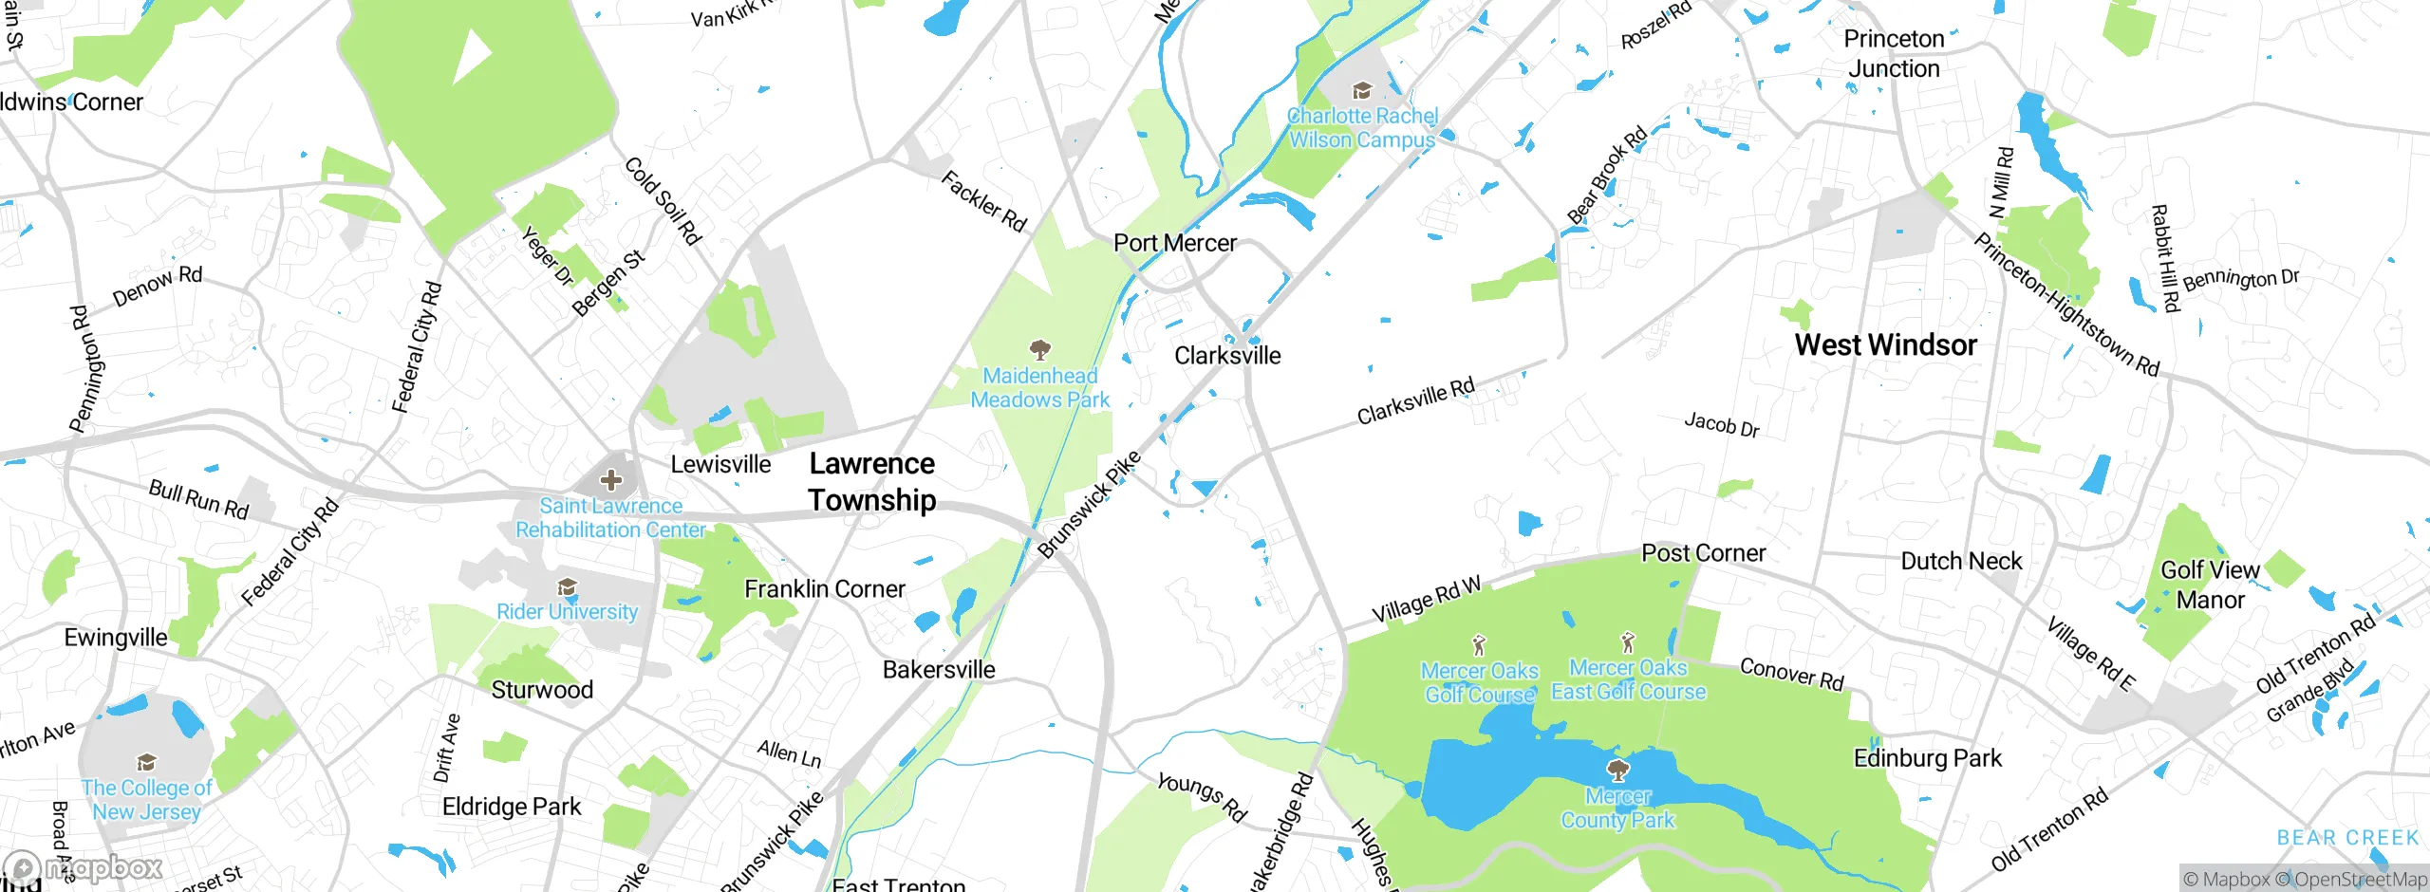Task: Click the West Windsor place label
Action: pos(1885,344)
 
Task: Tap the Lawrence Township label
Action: pos(871,481)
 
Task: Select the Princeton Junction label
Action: pos(1893,53)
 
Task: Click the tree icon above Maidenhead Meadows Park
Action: pos(1040,350)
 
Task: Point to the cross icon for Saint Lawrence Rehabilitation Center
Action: pos(611,480)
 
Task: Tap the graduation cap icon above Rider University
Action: pos(567,587)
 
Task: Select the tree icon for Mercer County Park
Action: pos(1617,770)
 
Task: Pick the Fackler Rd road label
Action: pos(983,201)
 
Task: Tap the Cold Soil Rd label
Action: pos(663,201)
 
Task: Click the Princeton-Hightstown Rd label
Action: pos(2065,305)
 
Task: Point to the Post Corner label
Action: pos(1703,552)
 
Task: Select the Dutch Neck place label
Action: pos(1961,561)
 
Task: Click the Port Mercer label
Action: pos(1174,243)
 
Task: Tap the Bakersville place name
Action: pos(938,669)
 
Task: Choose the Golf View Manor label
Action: pos(2210,585)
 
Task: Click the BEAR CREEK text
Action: pos(2347,837)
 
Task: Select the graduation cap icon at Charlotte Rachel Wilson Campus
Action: pos(1362,91)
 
